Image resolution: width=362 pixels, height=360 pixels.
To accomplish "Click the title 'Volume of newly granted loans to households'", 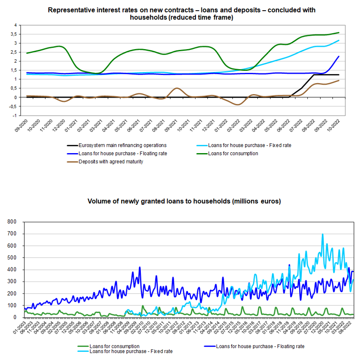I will point(184,201).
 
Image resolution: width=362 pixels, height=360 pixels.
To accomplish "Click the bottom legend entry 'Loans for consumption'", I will point(115,346).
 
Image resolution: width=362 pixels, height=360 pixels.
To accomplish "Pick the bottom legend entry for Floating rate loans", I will point(260,346).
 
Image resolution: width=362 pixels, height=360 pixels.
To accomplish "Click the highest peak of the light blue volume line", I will point(322,234).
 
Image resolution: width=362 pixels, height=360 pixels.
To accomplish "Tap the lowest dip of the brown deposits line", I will point(237,105).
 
